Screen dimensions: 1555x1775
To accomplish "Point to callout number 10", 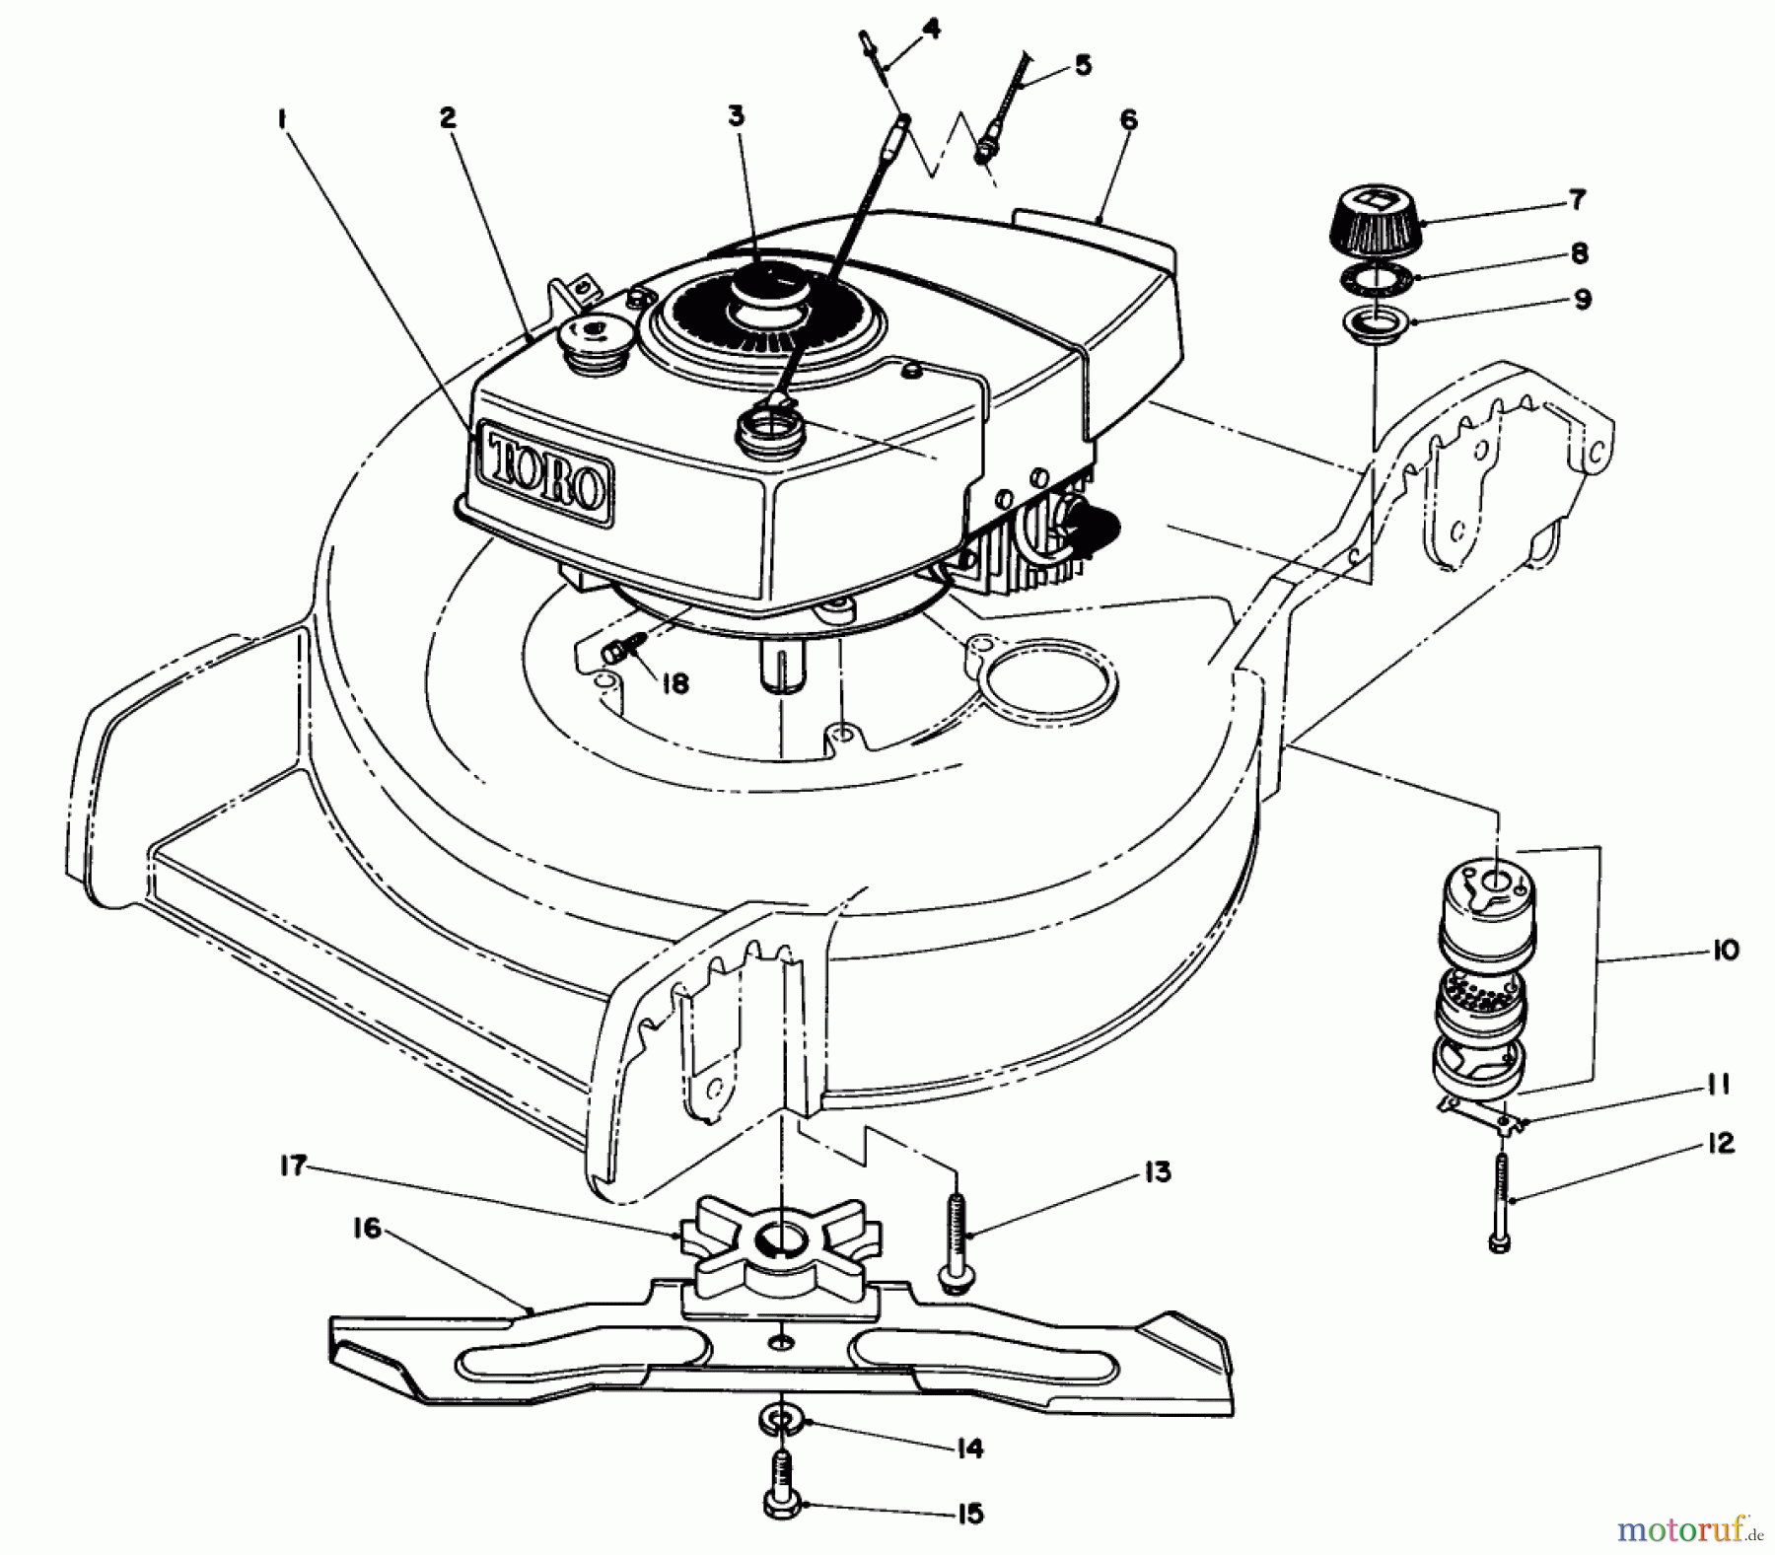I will (x=1726, y=953).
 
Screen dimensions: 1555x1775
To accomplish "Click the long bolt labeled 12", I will (x=1499, y=1198).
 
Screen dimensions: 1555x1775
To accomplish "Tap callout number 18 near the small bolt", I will (x=674, y=683).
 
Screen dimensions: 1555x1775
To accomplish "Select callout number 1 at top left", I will (x=282, y=120).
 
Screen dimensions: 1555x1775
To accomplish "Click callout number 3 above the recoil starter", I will (x=736, y=116).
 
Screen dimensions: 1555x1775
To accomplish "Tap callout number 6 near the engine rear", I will (x=1128, y=120).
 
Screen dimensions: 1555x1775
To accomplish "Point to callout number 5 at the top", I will (x=1083, y=66).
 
